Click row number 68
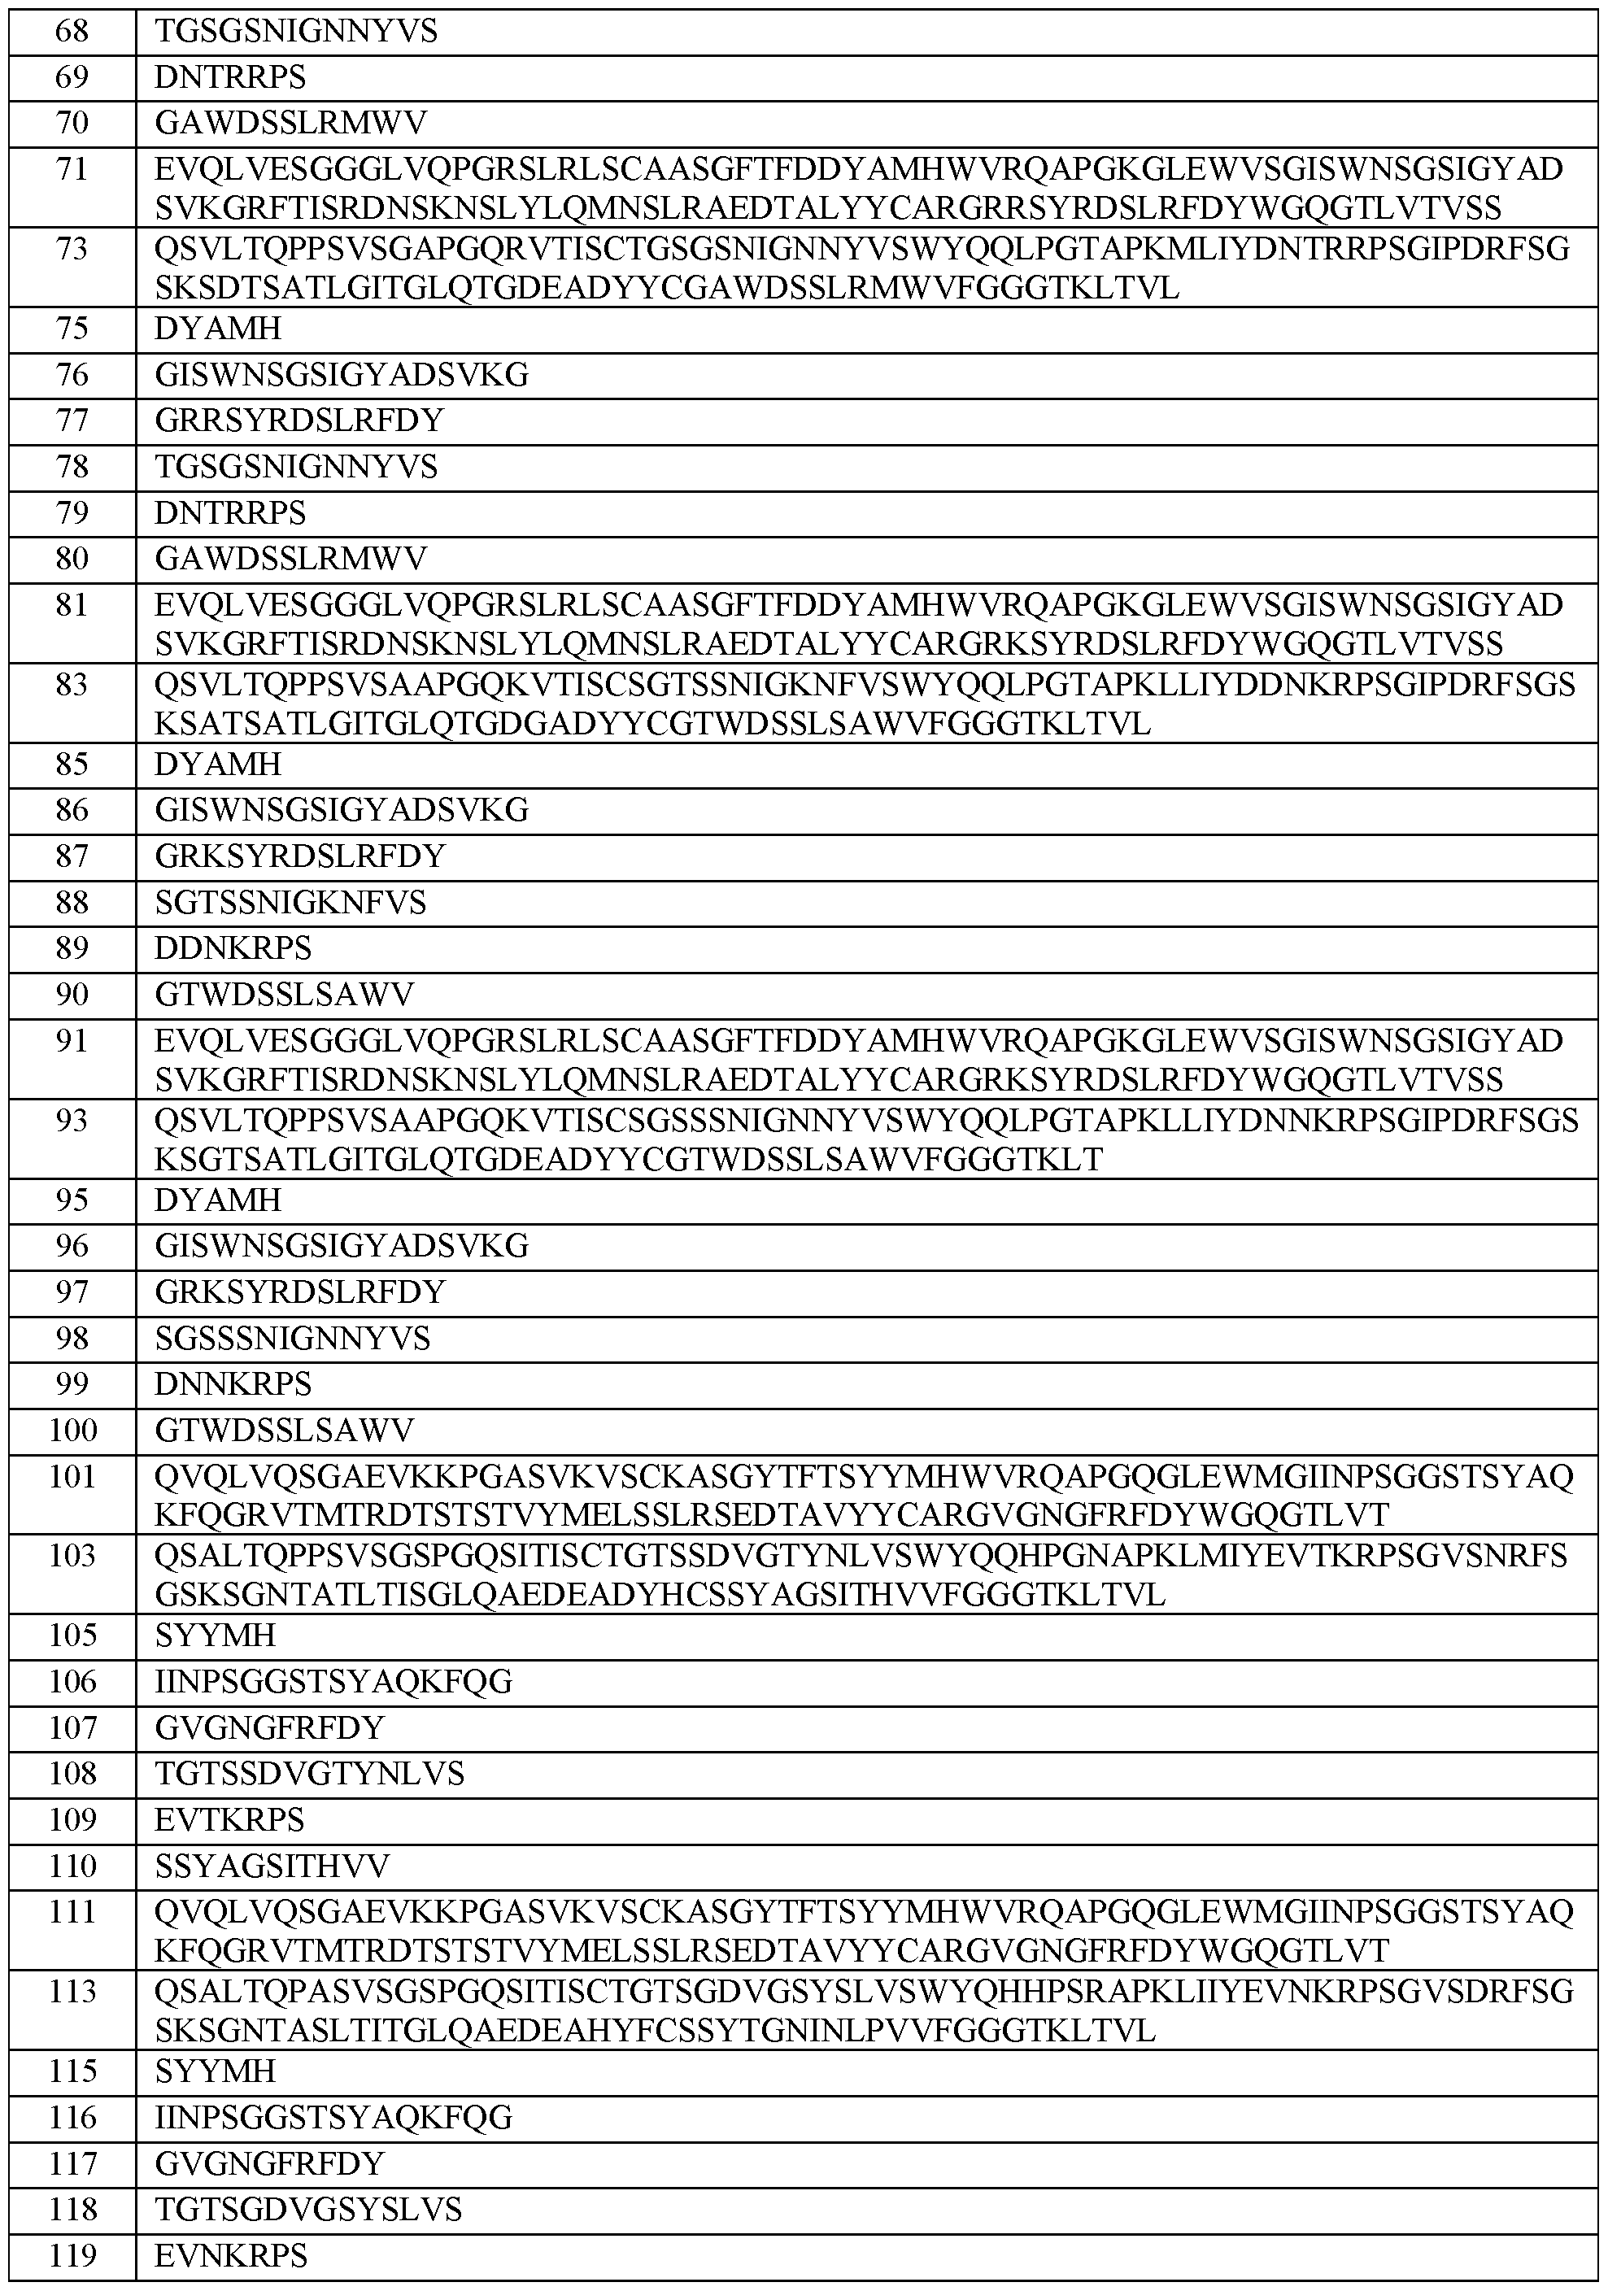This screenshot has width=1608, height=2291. click(x=72, y=32)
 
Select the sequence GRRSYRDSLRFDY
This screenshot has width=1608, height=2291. click(x=299, y=420)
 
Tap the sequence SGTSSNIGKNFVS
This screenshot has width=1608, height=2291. click(x=290, y=902)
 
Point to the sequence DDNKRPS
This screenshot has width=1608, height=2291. click(x=233, y=948)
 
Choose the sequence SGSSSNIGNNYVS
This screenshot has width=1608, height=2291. click(x=293, y=1338)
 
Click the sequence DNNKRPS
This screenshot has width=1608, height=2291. click(x=233, y=1384)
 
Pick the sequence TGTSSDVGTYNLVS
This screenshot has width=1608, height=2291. click(x=309, y=1773)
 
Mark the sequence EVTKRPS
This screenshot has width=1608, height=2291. click(x=229, y=1820)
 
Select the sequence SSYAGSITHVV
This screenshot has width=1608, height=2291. click(x=272, y=1866)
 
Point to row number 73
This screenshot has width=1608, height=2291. click(x=72, y=249)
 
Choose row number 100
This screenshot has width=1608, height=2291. click(x=72, y=1431)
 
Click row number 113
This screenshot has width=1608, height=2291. click(x=72, y=1992)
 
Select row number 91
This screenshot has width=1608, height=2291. click(x=72, y=1041)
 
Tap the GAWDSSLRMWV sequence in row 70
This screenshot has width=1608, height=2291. click(x=290, y=123)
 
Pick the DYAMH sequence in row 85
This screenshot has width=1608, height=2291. click(x=218, y=764)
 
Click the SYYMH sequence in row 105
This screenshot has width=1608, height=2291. click(x=215, y=1635)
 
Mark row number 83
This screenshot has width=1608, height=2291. click(x=72, y=685)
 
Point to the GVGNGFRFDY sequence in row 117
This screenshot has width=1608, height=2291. click(x=269, y=2163)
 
